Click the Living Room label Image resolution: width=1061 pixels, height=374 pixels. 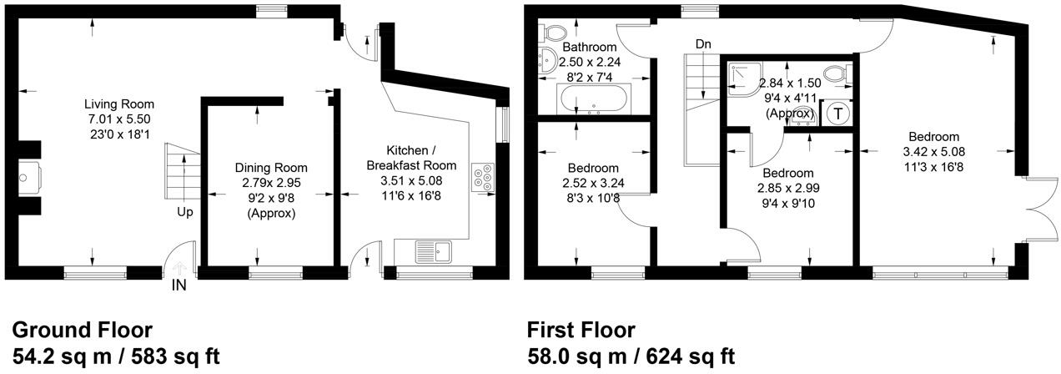119,104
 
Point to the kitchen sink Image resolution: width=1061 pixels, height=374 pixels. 433,250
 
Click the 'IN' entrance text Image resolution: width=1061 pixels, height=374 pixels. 179,286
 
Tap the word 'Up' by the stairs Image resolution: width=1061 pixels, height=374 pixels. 184,212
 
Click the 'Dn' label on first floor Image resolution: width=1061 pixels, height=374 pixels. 702,43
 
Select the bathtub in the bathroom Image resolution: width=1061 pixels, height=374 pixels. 595,102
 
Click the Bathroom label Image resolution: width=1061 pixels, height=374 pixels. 590,48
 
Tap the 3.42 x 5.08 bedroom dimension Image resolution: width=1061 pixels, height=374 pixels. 933,152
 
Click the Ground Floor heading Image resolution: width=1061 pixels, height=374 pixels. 82,329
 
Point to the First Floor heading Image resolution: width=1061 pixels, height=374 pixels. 581,329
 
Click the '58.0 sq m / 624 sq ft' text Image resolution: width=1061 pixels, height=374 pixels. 631,356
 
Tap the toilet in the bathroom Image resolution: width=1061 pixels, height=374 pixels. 555,32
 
